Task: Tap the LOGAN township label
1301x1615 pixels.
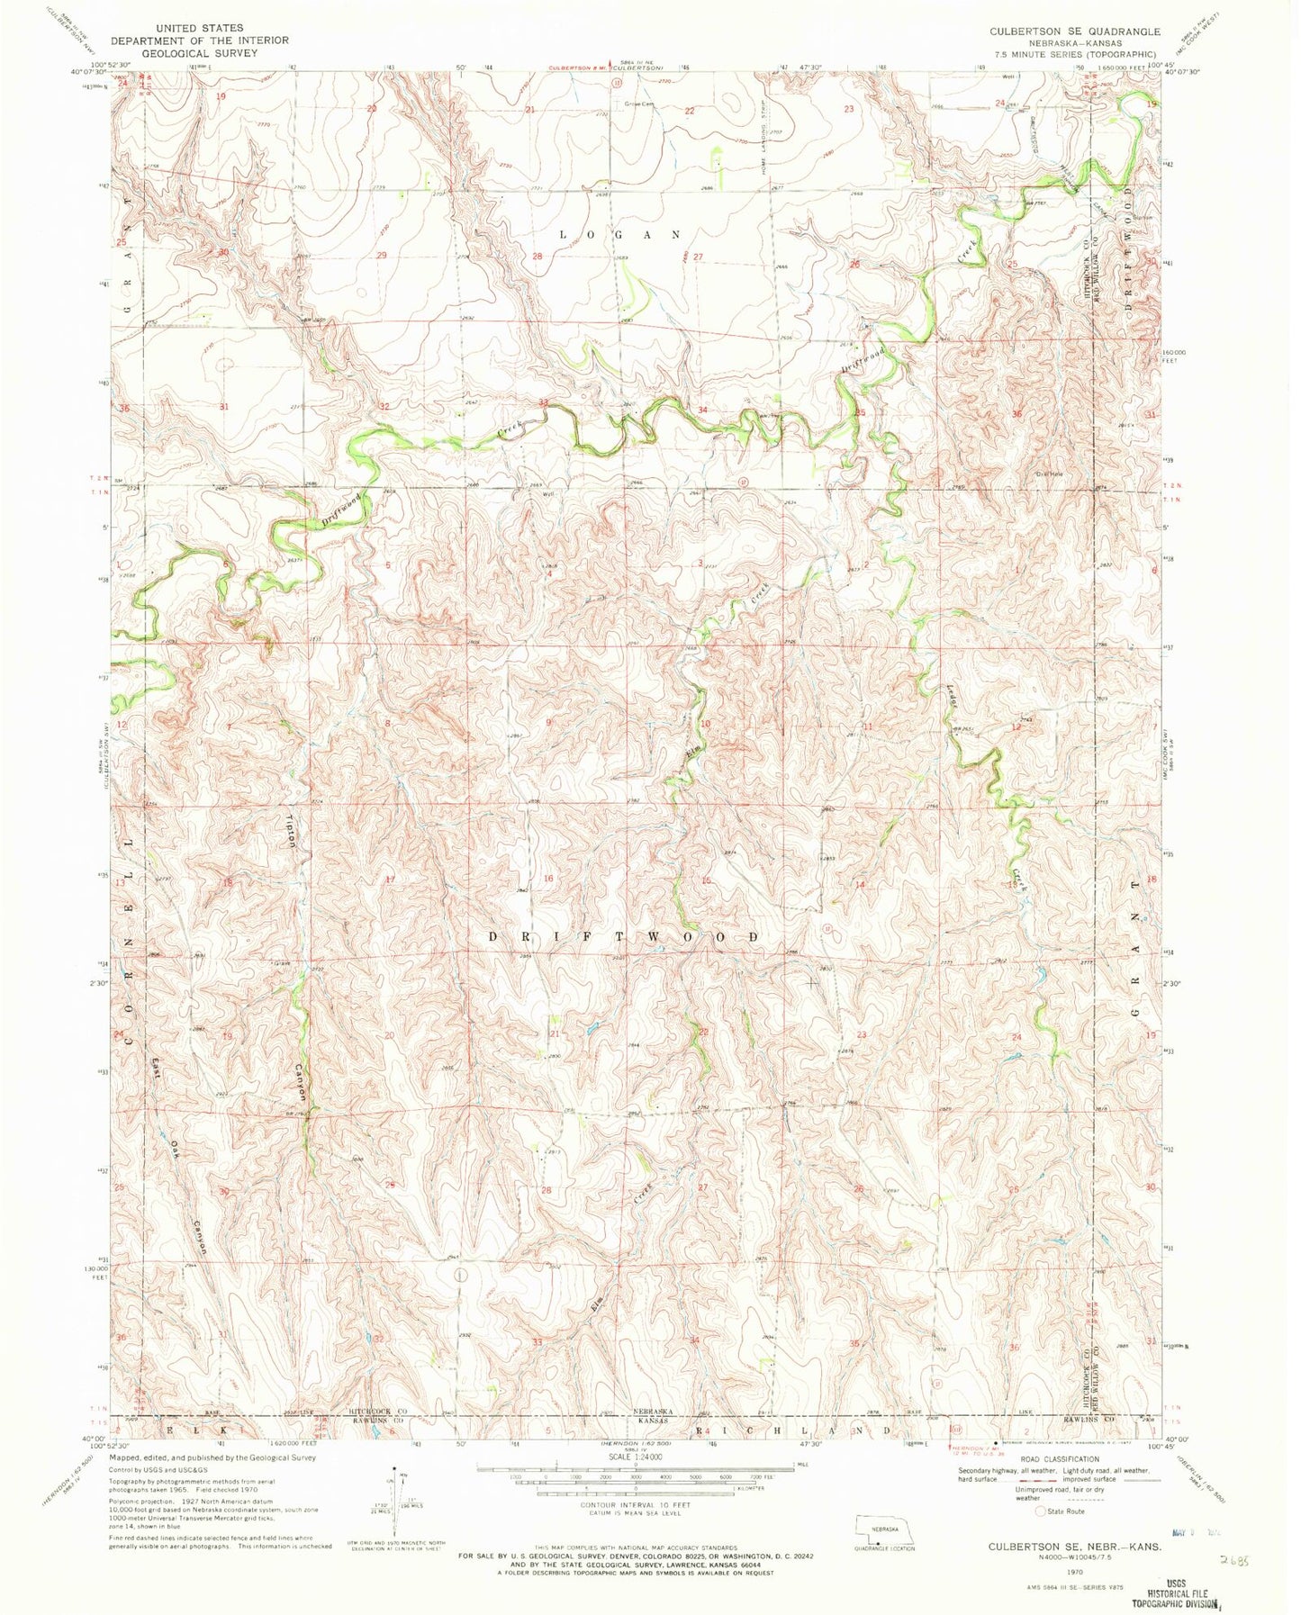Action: tap(619, 234)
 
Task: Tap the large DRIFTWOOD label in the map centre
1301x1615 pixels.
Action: tap(622, 936)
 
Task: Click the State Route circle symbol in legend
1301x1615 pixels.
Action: tap(1042, 1511)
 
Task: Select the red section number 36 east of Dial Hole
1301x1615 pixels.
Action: tap(1018, 413)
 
